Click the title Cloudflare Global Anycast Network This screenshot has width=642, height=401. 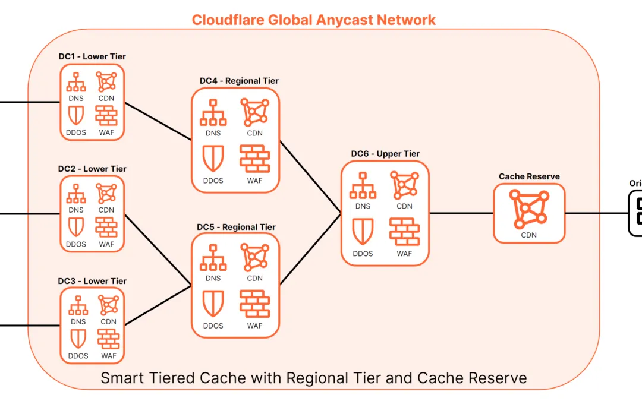pyautogui.click(x=313, y=20)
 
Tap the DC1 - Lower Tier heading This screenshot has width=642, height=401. pyautogui.click(x=92, y=56)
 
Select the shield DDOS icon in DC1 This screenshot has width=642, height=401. pyautogui.click(x=76, y=115)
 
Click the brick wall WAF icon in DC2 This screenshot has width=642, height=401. pyautogui.click(x=106, y=227)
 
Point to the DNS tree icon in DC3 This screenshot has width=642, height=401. pyautogui.click(x=78, y=306)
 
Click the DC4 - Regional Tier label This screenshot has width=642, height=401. pyautogui.click(x=239, y=81)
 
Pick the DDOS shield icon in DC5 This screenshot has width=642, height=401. pyautogui.click(x=213, y=304)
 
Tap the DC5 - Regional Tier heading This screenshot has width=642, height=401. pyautogui.click(x=236, y=227)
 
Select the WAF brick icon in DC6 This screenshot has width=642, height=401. pyautogui.click(x=404, y=232)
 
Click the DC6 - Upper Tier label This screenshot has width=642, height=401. pyautogui.click(x=385, y=154)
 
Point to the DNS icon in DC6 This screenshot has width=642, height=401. pyautogui.click(x=363, y=186)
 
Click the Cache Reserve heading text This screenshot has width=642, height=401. pyautogui.click(x=529, y=176)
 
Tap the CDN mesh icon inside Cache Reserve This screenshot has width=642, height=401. pyautogui.click(x=528, y=210)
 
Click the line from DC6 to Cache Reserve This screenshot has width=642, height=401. pyautogui.click(x=461, y=213)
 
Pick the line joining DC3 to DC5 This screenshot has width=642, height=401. pyautogui.click(x=158, y=306)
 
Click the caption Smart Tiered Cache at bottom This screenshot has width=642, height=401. pyautogui.click(x=313, y=378)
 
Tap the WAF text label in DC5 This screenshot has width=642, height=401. pyautogui.click(x=254, y=326)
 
